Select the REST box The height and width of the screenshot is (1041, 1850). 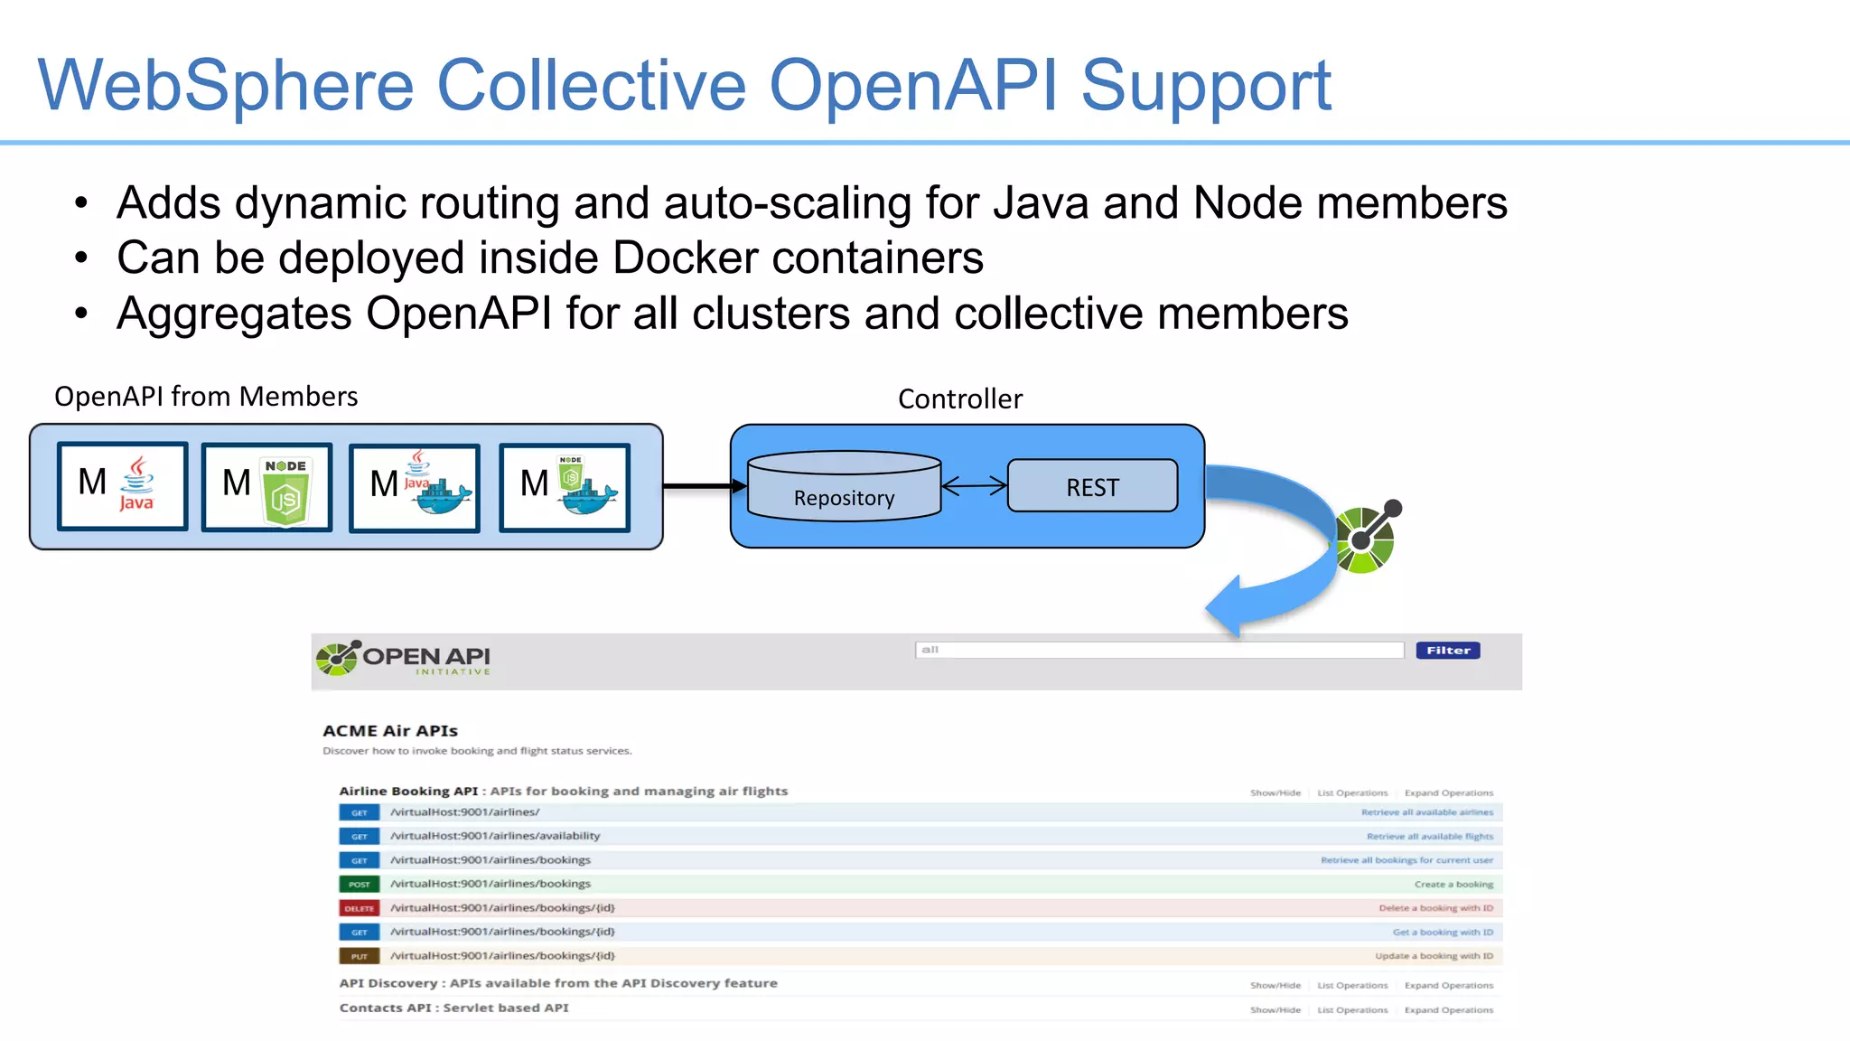tap(1092, 487)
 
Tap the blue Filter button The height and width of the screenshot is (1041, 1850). tap(1447, 650)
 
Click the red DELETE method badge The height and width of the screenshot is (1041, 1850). tap(359, 908)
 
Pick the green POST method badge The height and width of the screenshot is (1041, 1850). tap(359, 884)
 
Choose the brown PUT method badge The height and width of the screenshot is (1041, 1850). tap(359, 956)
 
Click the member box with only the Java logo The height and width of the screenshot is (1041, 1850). tap(122, 485)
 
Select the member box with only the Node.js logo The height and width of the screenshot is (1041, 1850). tap(266, 486)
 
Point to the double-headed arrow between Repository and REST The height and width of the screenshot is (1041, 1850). tap(974, 486)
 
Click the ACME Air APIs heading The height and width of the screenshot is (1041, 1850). tap(389, 730)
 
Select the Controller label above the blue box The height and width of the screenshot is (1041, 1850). tap(959, 399)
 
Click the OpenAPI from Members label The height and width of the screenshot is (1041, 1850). tap(206, 397)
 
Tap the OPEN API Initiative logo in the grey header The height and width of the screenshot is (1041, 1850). tap(404, 659)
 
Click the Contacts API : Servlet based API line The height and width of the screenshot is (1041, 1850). tap(453, 1008)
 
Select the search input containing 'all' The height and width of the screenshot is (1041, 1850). tap(1159, 650)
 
